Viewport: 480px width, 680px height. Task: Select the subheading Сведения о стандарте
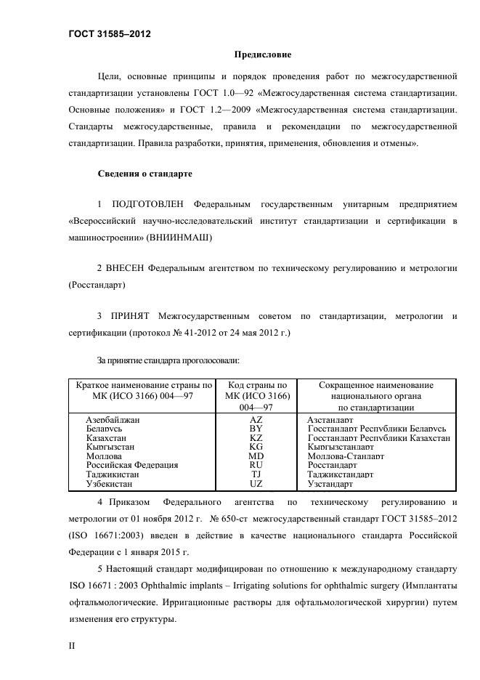(144, 174)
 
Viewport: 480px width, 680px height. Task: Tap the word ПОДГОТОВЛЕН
(148, 203)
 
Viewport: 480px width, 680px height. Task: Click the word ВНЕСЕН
(126, 268)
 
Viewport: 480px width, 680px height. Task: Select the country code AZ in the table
(256, 420)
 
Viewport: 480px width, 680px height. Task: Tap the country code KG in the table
(256, 447)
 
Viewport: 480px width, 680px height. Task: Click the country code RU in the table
(256, 465)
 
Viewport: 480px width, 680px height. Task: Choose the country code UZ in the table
(256, 483)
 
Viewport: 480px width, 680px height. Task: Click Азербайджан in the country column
(113, 420)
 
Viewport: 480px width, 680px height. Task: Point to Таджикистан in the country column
(112, 474)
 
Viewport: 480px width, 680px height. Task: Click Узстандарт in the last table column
(330, 483)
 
